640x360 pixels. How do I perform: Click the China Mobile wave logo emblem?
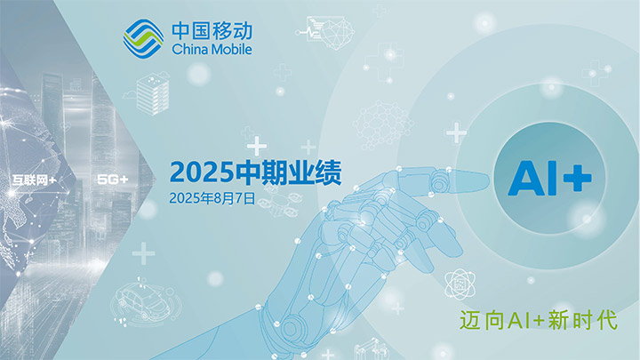pyautogui.click(x=144, y=39)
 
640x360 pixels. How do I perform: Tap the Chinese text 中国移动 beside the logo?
pyautogui.click(x=212, y=31)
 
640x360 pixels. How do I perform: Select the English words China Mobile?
pyautogui.click(x=212, y=50)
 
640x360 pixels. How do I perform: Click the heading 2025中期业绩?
pyautogui.click(x=255, y=172)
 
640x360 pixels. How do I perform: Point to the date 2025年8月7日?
pyautogui.click(x=212, y=198)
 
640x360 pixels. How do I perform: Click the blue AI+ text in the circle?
pyautogui.click(x=550, y=178)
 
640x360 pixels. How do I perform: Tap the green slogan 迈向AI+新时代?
pyautogui.click(x=539, y=320)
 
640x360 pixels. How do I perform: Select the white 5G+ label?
pyautogui.click(x=113, y=179)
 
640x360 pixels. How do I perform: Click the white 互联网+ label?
pyautogui.click(x=35, y=180)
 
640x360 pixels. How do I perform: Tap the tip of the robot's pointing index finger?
pyautogui.click(x=487, y=179)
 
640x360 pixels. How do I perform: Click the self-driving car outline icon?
pyautogui.click(x=145, y=301)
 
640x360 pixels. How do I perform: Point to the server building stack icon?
pyautogui.click(x=152, y=94)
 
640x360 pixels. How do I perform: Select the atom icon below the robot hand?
pyautogui.click(x=460, y=284)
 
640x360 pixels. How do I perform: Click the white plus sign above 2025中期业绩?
pyautogui.click(x=257, y=146)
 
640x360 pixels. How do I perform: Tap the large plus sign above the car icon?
pyautogui.click(x=143, y=253)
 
